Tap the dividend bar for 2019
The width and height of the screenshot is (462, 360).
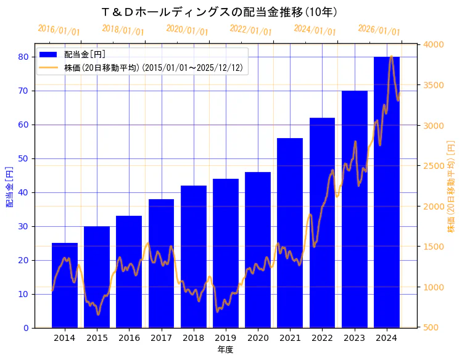click(x=226, y=253)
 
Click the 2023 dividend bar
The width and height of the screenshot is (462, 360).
click(x=355, y=210)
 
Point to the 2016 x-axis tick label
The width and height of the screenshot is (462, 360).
click(x=129, y=338)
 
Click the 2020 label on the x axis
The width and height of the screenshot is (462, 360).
click(x=258, y=338)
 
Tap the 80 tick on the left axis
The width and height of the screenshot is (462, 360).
click(x=23, y=57)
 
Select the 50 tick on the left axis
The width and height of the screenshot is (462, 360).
click(x=23, y=158)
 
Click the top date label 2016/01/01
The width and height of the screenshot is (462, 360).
click(x=59, y=30)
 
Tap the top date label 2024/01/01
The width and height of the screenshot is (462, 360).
click(x=315, y=30)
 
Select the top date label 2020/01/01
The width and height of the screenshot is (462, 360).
click(x=187, y=30)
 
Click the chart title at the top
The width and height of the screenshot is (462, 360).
click(x=219, y=12)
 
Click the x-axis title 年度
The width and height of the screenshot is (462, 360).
click(x=225, y=350)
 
